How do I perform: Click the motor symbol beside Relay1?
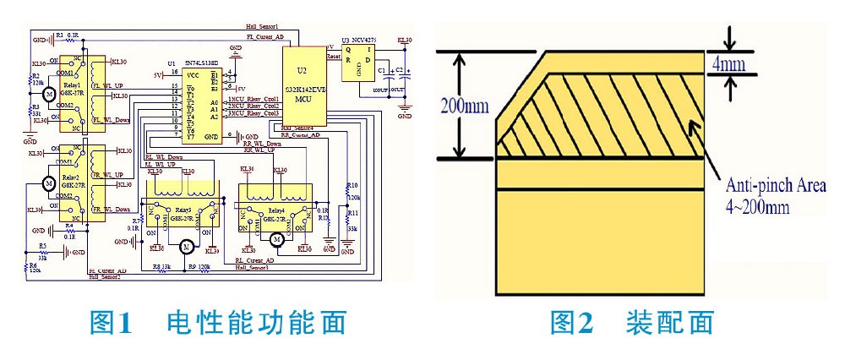(x=49, y=95)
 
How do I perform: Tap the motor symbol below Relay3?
(x=183, y=246)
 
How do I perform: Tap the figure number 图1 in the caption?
(x=114, y=323)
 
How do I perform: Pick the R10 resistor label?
(x=352, y=185)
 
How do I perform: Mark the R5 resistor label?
(x=42, y=245)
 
